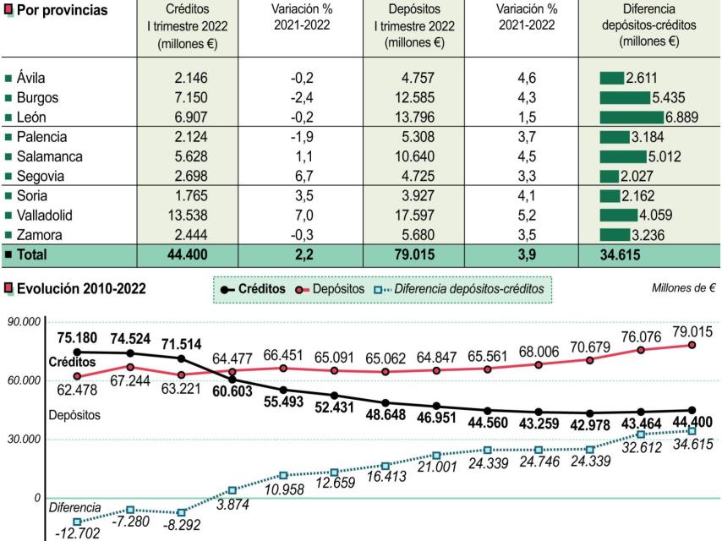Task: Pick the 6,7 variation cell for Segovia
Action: [303, 176]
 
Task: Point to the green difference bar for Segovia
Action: [609, 176]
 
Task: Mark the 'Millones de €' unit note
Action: [683, 288]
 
